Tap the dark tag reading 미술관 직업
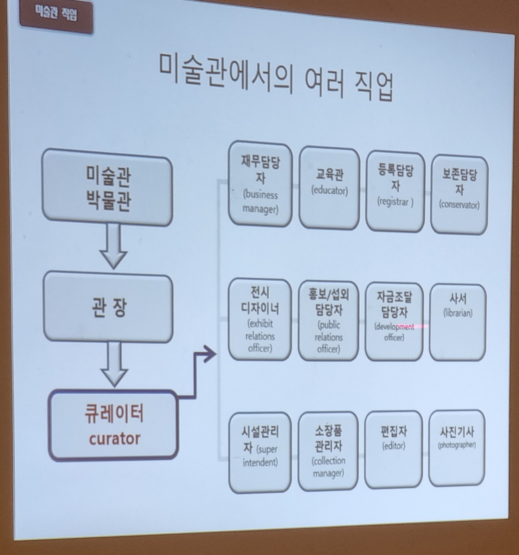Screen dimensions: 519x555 coord(56,15)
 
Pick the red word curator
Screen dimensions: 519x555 coord(115,439)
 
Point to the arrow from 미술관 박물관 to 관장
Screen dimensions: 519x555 coord(113,246)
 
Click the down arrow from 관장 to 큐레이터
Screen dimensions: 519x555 coord(114,364)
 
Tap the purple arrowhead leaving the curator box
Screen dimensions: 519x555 coord(210,354)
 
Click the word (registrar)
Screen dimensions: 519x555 coord(395,202)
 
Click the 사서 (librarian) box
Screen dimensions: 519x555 coord(458,322)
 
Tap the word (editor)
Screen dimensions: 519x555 coord(394,446)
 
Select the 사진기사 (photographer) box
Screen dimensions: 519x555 coord(457,448)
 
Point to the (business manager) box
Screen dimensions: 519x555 coord(260,184)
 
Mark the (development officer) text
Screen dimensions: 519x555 coord(394,332)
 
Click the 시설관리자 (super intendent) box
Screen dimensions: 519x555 coord(260,452)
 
